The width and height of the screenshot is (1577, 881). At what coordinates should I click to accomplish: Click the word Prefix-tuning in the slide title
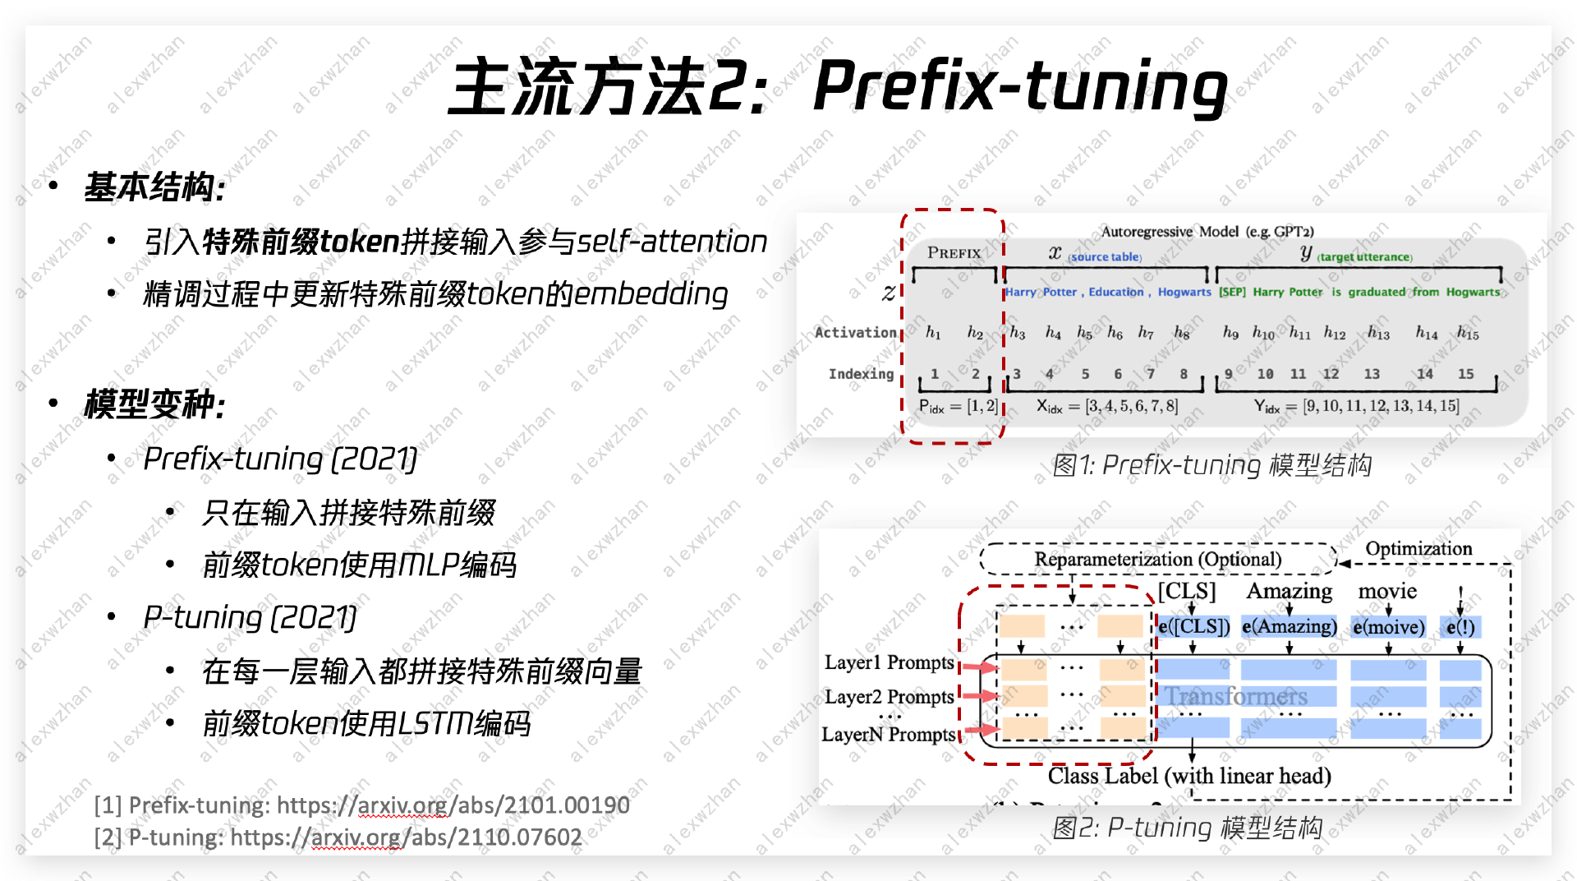pyautogui.click(x=1018, y=86)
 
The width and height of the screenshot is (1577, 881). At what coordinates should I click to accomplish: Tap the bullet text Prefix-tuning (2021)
pyautogui.click(x=280, y=459)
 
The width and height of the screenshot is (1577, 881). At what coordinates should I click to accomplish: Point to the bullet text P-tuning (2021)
pyautogui.click(x=250, y=617)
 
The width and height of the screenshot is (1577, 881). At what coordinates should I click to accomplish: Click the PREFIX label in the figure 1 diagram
pyautogui.click(x=954, y=253)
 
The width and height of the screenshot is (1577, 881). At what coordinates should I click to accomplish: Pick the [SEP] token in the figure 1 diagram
pyautogui.click(x=1232, y=292)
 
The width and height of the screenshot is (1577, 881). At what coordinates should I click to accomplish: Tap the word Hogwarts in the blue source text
pyautogui.click(x=1184, y=292)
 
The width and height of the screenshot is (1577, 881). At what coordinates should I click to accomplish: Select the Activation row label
pyautogui.click(x=855, y=332)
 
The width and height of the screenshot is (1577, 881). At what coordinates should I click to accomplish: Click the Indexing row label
pyautogui.click(x=861, y=374)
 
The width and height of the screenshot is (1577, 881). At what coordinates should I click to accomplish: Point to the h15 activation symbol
pyautogui.click(x=1467, y=333)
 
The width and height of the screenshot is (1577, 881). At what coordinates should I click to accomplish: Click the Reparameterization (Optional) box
pyautogui.click(x=1157, y=560)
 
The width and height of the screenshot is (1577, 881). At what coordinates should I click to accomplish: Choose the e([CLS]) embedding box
pyautogui.click(x=1194, y=627)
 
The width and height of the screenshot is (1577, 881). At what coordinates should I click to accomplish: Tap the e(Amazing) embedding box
pyautogui.click(x=1289, y=627)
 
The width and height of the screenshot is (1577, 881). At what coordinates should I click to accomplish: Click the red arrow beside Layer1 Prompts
pyautogui.click(x=979, y=667)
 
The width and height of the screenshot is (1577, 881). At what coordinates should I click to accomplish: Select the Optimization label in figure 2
pyautogui.click(x=1418, y=548)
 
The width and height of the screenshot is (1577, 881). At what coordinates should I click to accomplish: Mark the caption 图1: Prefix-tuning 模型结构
pyautogui.click(x=1211, y=465)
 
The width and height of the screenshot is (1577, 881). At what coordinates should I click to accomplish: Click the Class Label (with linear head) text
pyautogui.click(x=1188, y=776)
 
